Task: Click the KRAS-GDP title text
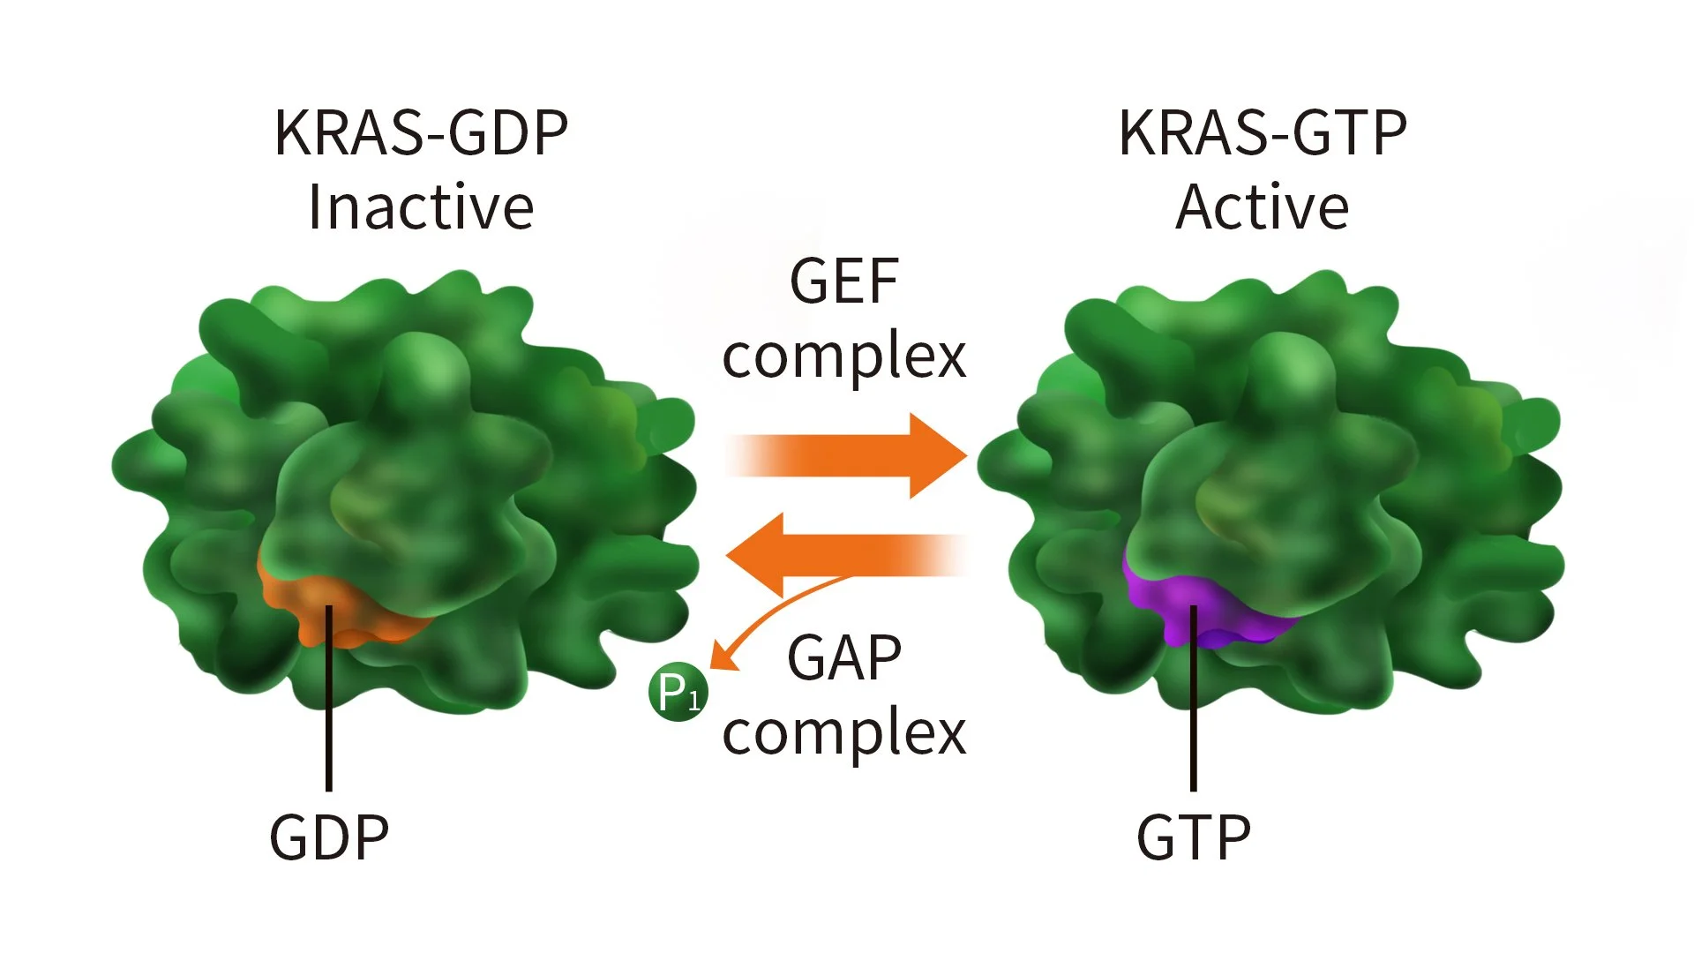[421, 133]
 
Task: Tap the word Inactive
[421, 207]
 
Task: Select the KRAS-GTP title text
[1263, 133]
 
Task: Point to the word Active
[1263, 207]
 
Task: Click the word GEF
[844, 281]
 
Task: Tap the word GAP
[844, 657]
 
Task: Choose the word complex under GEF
[844, 357]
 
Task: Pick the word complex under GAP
[844, 733]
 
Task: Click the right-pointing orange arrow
[847, 456]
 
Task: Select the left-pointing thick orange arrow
[847, 555]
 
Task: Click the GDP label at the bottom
[329, 837]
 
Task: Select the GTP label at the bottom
[1194, 837]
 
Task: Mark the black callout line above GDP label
[329, 698]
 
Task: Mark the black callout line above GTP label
[1194, 698]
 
